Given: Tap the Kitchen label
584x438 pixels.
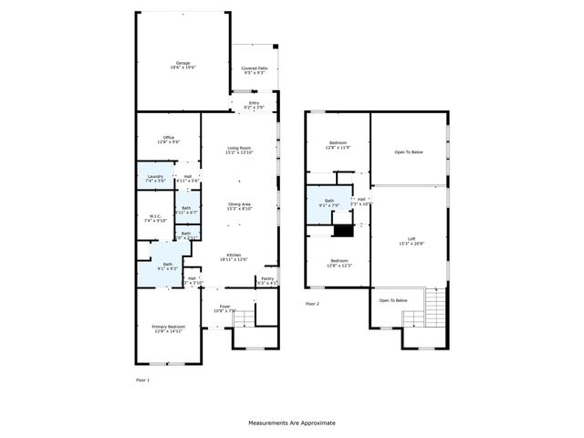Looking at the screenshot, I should (x=233, y=257).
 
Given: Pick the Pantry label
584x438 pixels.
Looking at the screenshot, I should (x=267, y=280).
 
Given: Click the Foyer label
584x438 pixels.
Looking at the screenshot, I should (x=224, y=308).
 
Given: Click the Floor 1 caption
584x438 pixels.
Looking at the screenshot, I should (x=142, y=379).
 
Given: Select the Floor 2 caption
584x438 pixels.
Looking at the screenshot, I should (x=313, y=303).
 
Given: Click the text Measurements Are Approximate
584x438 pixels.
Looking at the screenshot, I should (x=292, y=423).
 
